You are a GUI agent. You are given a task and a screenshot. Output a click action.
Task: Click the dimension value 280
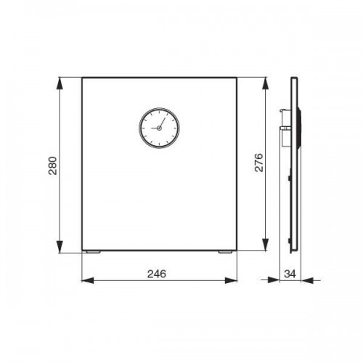coord(53,166)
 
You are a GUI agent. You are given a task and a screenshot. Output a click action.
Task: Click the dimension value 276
coord(259,163)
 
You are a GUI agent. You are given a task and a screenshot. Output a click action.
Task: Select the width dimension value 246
coord(157,274)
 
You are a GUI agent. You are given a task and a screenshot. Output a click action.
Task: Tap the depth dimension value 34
coord(290,274)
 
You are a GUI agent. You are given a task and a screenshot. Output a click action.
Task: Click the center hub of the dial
coord(159,128)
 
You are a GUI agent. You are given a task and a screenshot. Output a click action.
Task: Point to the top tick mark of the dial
coord(159,112)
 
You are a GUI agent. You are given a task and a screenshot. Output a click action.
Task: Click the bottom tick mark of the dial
coord(159,144)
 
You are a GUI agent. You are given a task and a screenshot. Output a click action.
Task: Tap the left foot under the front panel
coord(93,252)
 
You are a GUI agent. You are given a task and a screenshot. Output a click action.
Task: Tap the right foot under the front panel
coord(225,252)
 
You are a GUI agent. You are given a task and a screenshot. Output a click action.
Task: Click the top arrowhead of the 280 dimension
coord(60,83)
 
